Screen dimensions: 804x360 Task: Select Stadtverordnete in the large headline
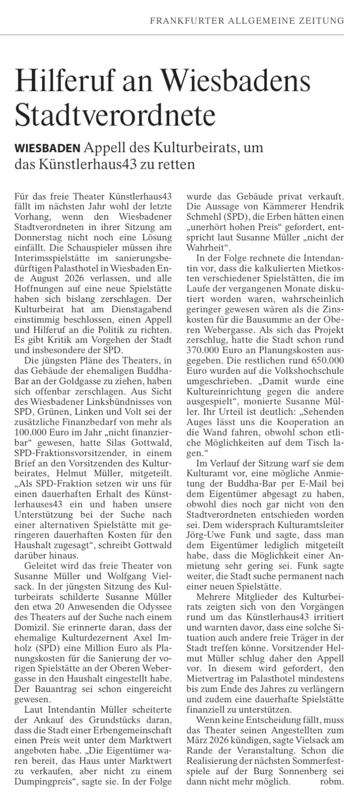coord(115,114)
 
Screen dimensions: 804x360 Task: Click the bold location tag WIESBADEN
coord(47,148)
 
